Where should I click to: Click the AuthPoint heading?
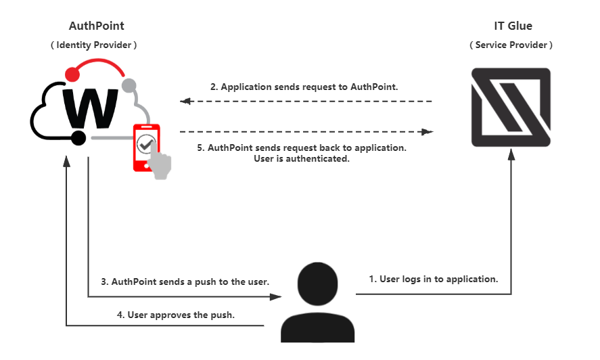pyautogui.click(x=97, y=26)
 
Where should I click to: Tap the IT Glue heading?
pyautogui.click(x=513, y=26)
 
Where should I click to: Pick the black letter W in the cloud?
pyautogui.click(x=89, y=106)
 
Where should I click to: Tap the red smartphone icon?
pyautogui.click(x=145, y=145)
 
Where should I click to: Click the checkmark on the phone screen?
pyautogui.click(x=145, y=144)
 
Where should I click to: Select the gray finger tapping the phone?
pyautogui.click(x=162, y=166)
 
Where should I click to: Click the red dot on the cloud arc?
pyautogui.click(x=72, y=73)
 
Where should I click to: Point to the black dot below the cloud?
pyautogui.click(x=78, y=138)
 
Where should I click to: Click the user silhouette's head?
pyautogui.click(x=317, y=282)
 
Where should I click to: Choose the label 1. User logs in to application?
pyautogui.click(x=434, y=279)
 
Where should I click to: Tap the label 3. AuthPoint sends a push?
pyautogui.click(x=185, y=282)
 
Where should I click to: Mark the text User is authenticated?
pyautogui.click(x=298, y=159)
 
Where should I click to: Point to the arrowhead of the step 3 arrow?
pyautogui.click(x=277, y=296)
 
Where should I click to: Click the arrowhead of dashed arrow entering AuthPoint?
pyautogui.click(x=184, y=102)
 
